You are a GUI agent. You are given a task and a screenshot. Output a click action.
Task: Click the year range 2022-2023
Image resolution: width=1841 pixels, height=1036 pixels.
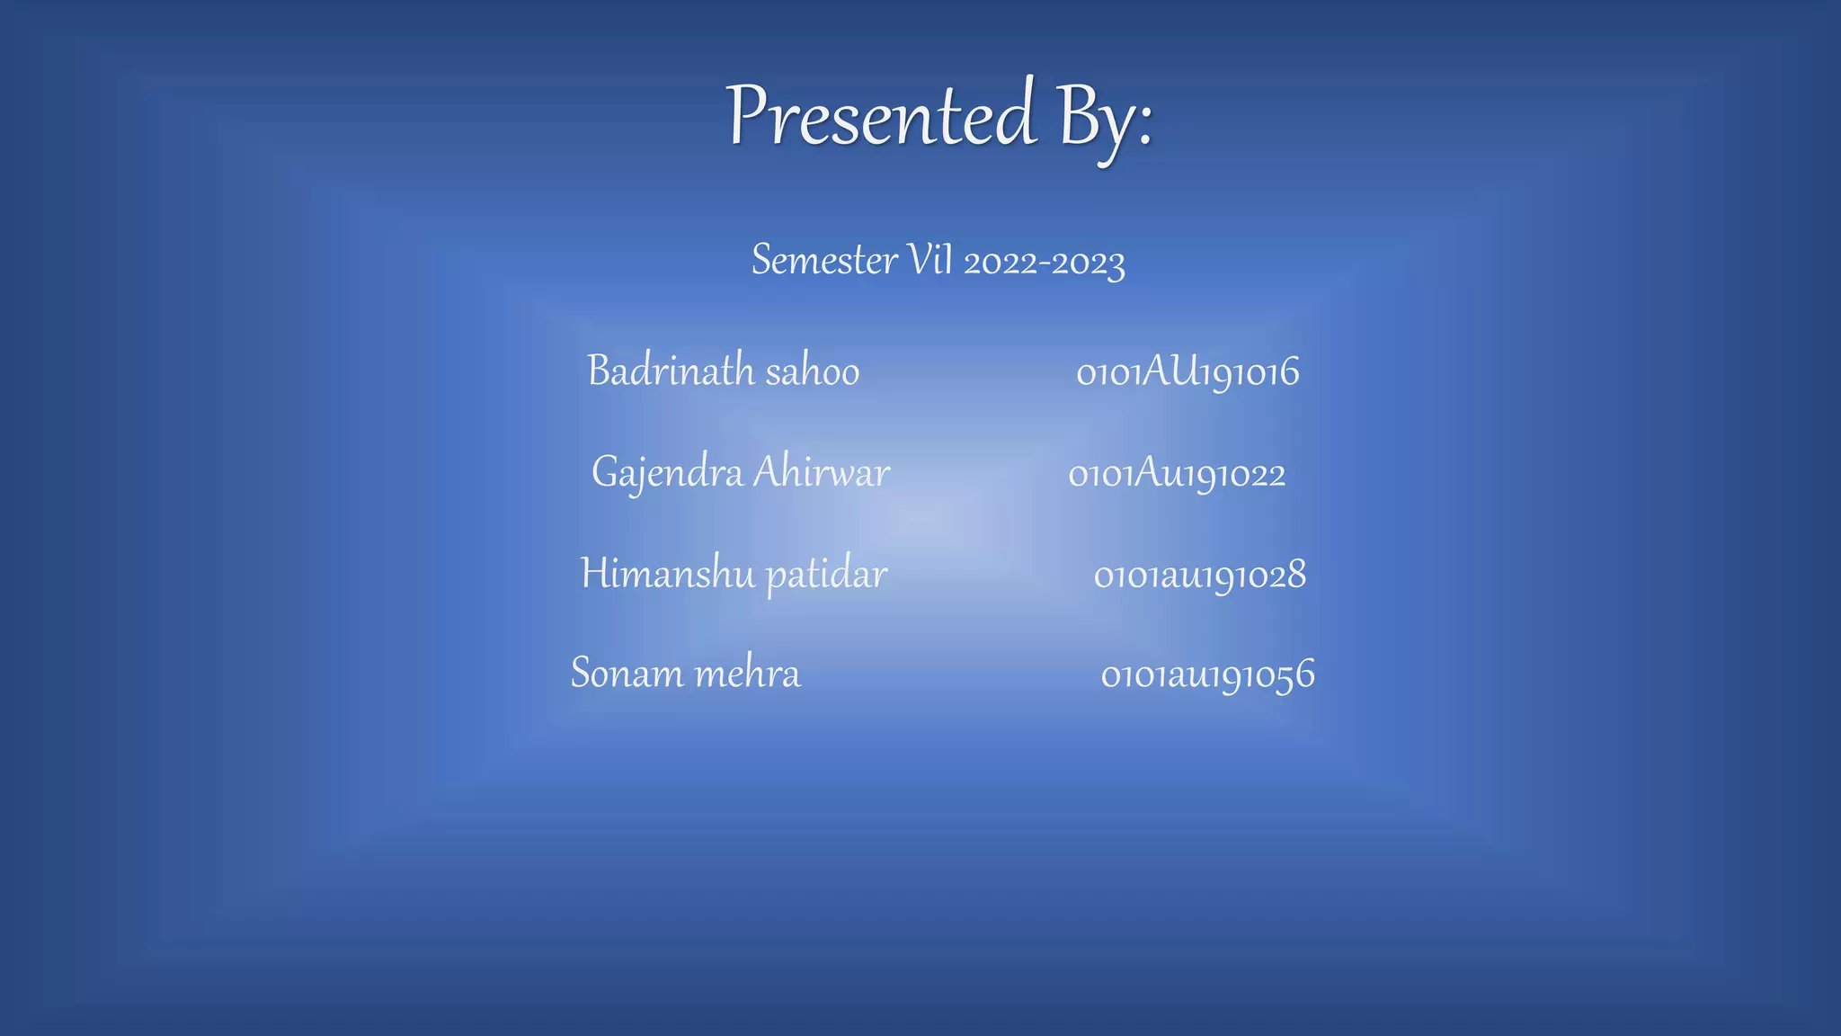tap(1044, 263)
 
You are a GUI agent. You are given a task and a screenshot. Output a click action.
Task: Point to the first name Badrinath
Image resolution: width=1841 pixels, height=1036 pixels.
tap(671, 371)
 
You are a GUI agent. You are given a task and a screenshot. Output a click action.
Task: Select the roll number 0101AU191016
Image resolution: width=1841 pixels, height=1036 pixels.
tap(1187, 372)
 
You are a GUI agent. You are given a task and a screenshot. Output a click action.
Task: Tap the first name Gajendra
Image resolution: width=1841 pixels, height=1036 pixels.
tap(667, 473)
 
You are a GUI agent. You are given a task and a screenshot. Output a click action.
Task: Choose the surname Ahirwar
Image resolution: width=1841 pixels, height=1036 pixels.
tap(821, 472)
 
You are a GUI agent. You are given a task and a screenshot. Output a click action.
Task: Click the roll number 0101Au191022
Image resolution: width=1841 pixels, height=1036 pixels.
tap(1177, 474)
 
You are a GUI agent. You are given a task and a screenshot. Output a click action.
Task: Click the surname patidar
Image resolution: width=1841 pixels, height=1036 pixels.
tap(826, 576)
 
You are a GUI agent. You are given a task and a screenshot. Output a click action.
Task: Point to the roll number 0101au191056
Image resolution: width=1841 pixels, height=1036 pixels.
tap(1207, 674)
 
